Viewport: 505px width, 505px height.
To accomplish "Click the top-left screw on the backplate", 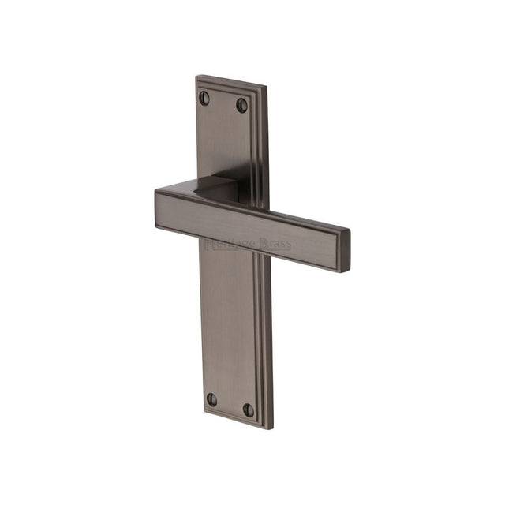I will (x=204, y=98).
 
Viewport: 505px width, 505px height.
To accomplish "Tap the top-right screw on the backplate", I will (x=241, y=105).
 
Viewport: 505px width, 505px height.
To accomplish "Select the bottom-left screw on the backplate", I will (x=211, y=399).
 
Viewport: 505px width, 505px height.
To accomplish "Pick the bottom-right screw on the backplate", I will (x=249, y=410).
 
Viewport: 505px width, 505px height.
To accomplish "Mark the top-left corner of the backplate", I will (x=196, y=77).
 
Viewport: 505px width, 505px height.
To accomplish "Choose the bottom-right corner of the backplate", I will (x=271, y=429).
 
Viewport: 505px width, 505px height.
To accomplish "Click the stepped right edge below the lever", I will (x=264, y=339).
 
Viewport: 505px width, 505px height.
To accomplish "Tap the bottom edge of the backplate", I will (x=237, y=422).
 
